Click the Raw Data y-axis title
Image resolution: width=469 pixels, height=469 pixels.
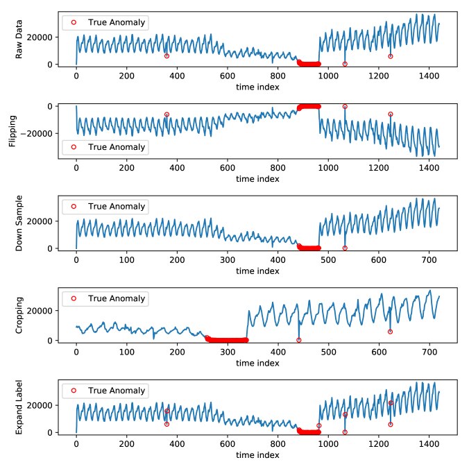point(20,40)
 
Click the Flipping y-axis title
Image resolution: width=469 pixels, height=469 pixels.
point(12,131)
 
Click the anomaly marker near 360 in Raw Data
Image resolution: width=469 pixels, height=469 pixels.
point(167,56)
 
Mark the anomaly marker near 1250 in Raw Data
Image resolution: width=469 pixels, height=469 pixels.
point(391,56)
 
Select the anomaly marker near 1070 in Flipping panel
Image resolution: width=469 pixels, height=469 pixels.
point(345,106)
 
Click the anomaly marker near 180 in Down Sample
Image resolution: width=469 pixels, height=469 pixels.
point(167,239)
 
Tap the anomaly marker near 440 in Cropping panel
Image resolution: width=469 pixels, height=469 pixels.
point(298,340)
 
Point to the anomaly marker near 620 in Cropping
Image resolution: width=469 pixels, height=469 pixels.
point(390,332)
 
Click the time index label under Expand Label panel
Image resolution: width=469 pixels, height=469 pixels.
point(257,455)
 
